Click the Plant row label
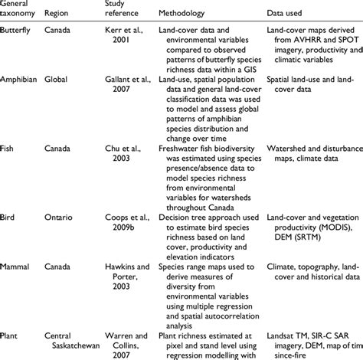[x=11, y=316]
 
